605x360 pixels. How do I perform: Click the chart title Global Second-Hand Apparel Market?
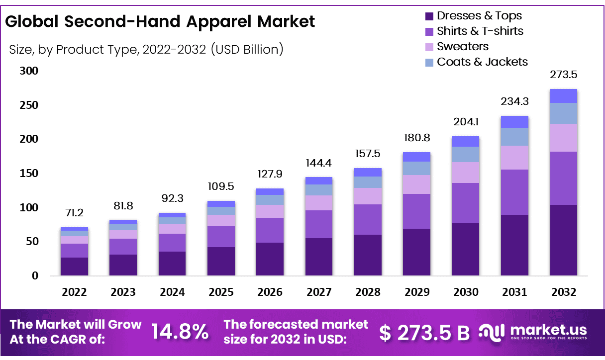click(160, 22)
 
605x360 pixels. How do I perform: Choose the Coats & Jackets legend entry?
click(476, 62)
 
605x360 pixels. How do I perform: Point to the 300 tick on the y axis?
click(29, 71)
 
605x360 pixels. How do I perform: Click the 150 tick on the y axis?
click(29, 174)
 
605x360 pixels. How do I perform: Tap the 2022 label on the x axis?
click(75, 292)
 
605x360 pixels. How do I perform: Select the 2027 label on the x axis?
click(319, 292)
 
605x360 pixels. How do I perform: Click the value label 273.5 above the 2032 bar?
click(564, 75)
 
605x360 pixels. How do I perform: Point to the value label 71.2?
click(75, 213)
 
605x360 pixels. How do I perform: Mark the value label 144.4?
click(319, 163)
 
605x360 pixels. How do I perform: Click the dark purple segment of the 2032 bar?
click(563, 240)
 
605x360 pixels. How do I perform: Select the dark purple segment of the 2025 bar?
click(221, 261)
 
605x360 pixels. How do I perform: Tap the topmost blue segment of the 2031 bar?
click(514, 122)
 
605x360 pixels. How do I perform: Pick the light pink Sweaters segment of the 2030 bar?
click(466, 172)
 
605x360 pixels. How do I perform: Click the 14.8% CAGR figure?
click(180, 332)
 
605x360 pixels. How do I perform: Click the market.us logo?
click(533, 332)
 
